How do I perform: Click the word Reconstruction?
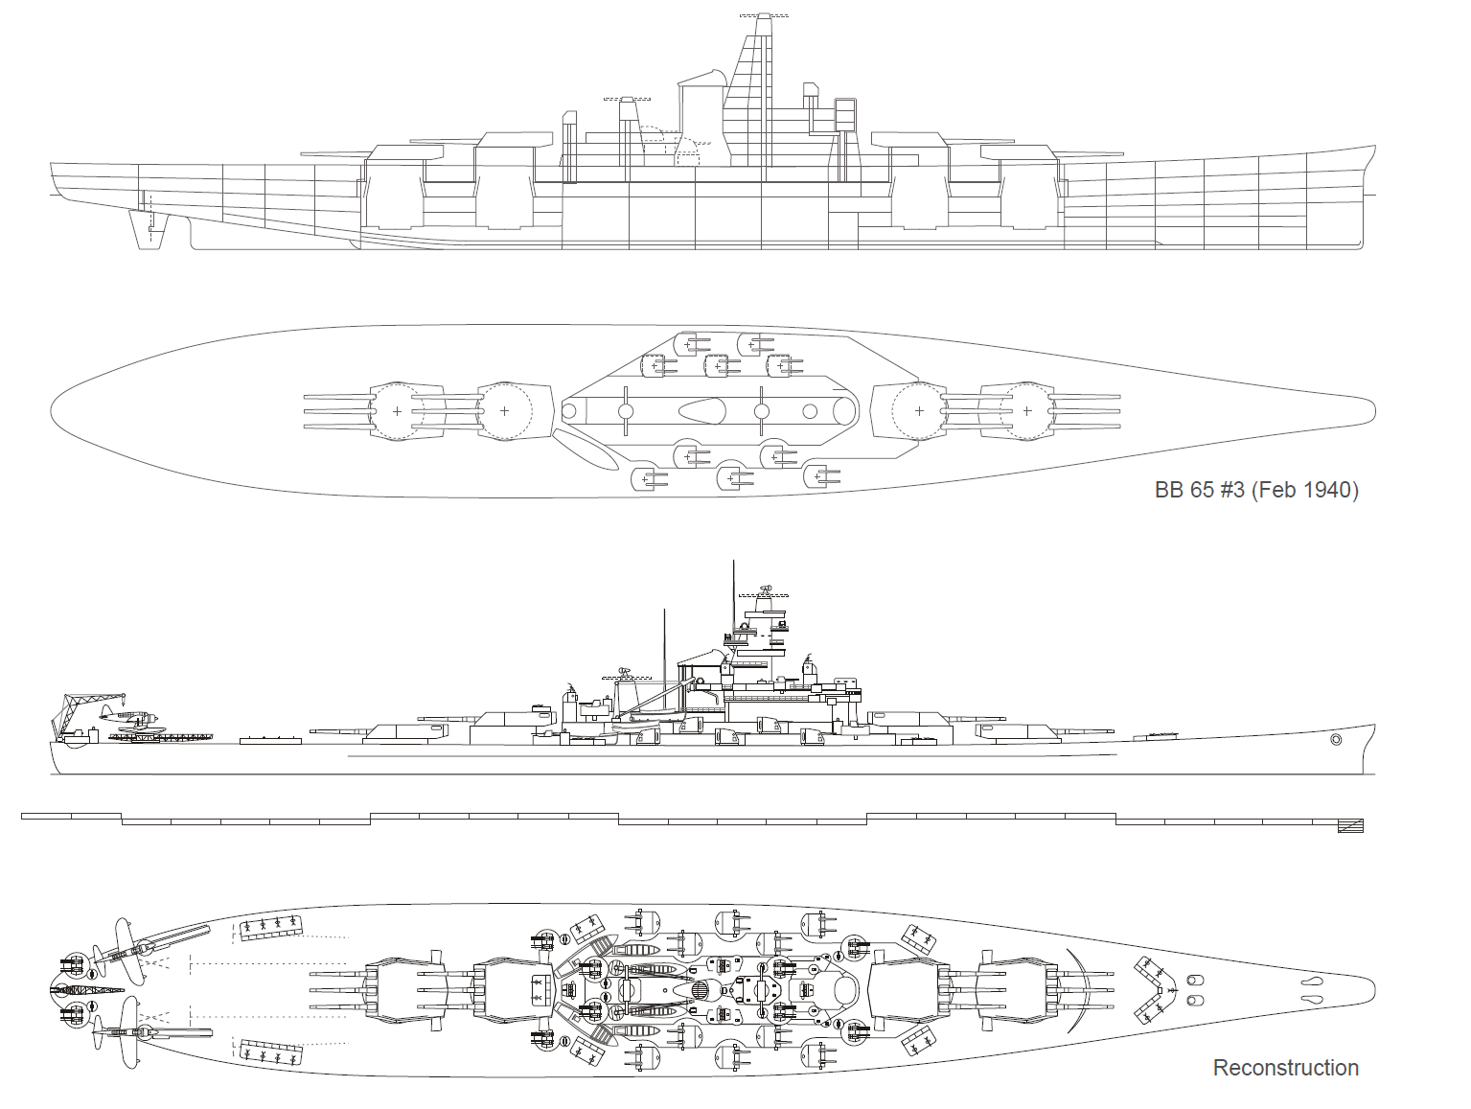(x=1285, y=1067)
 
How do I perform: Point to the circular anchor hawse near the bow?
(x=1336, y=740)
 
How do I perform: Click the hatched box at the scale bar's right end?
(x=1351, y=826)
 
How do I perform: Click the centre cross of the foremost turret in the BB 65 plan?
(x=1026, y=411)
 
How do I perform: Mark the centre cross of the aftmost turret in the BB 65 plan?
(x=397, y=411)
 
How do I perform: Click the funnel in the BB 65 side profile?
(x=700, y=110)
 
